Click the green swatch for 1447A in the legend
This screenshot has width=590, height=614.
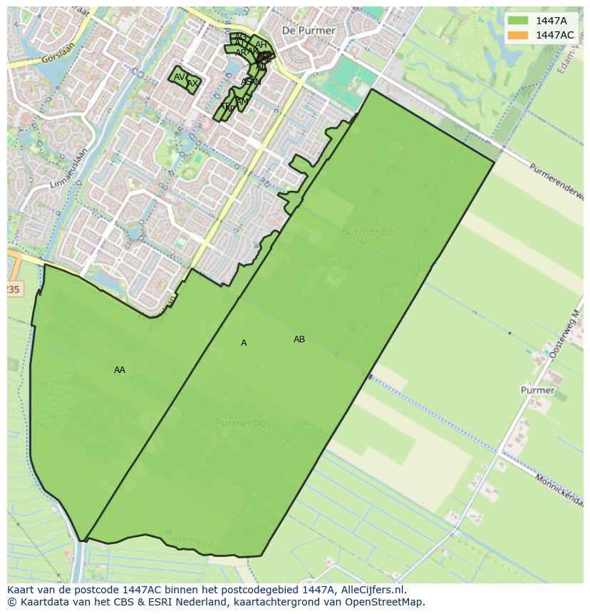coord(518,21)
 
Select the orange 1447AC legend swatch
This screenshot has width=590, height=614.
coord(518,35)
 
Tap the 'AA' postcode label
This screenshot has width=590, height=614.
coord(120,370)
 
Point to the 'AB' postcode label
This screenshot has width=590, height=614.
coord(299,339)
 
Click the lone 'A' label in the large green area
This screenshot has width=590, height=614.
coord(244,343)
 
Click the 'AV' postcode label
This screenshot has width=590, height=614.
coord(180,77)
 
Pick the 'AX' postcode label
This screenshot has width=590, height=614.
coord(192,83)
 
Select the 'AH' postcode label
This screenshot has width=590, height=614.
coord(261,45)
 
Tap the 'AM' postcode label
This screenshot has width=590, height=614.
coord(243,102)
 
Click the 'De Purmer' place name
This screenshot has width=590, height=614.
coord(309,31)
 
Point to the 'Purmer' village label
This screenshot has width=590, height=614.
coord(537,390)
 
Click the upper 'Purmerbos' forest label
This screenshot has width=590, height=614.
coord(368,232)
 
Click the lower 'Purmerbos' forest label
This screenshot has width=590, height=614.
coord(243,423)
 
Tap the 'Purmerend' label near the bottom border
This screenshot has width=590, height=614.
coord(188,539)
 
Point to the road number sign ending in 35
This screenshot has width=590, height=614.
coord(14,289)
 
